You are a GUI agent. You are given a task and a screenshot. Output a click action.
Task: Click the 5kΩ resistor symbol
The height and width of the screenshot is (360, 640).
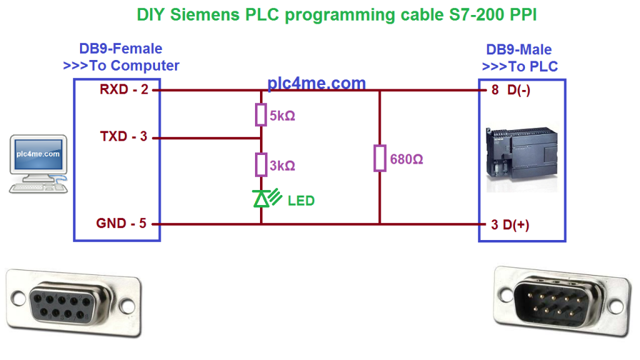click(261, 116)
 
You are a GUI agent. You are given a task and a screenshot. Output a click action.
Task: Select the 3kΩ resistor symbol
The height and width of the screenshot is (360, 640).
click(261, 164)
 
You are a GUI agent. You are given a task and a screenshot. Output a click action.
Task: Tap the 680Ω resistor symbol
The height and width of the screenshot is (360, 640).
click(379, 158)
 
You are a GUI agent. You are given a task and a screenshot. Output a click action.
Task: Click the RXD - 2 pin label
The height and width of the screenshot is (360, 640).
click(124, 90)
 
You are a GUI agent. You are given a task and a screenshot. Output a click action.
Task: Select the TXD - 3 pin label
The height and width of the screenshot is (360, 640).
click(124, 136)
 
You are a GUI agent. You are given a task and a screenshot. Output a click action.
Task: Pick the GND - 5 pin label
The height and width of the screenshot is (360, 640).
click(121, 223)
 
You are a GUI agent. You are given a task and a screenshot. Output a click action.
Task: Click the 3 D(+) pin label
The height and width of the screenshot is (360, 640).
click(510, 225)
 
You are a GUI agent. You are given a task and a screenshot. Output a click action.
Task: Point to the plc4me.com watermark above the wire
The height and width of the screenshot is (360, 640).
click(316, 83)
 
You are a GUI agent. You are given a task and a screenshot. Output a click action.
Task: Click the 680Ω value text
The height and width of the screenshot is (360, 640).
click(407, 159)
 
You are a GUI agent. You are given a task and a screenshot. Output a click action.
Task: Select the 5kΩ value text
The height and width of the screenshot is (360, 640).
click(282, 116)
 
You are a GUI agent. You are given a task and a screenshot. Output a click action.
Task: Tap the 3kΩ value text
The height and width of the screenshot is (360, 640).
click(282, 166)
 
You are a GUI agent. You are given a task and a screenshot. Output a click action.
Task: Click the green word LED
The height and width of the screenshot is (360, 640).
click(301, 201)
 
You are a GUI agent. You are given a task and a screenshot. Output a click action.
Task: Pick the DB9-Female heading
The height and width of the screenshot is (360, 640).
click(121, 49)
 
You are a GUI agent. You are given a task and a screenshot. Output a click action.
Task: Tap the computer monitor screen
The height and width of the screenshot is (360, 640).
click(38, 154)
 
